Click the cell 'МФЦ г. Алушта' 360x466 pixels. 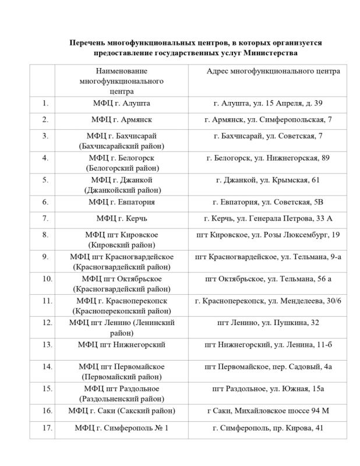pos(121,103)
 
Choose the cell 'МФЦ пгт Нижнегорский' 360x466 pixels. pos(121,345)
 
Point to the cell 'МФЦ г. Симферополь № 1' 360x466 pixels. pos(121,428)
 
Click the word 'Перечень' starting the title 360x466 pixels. pos(88,43)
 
